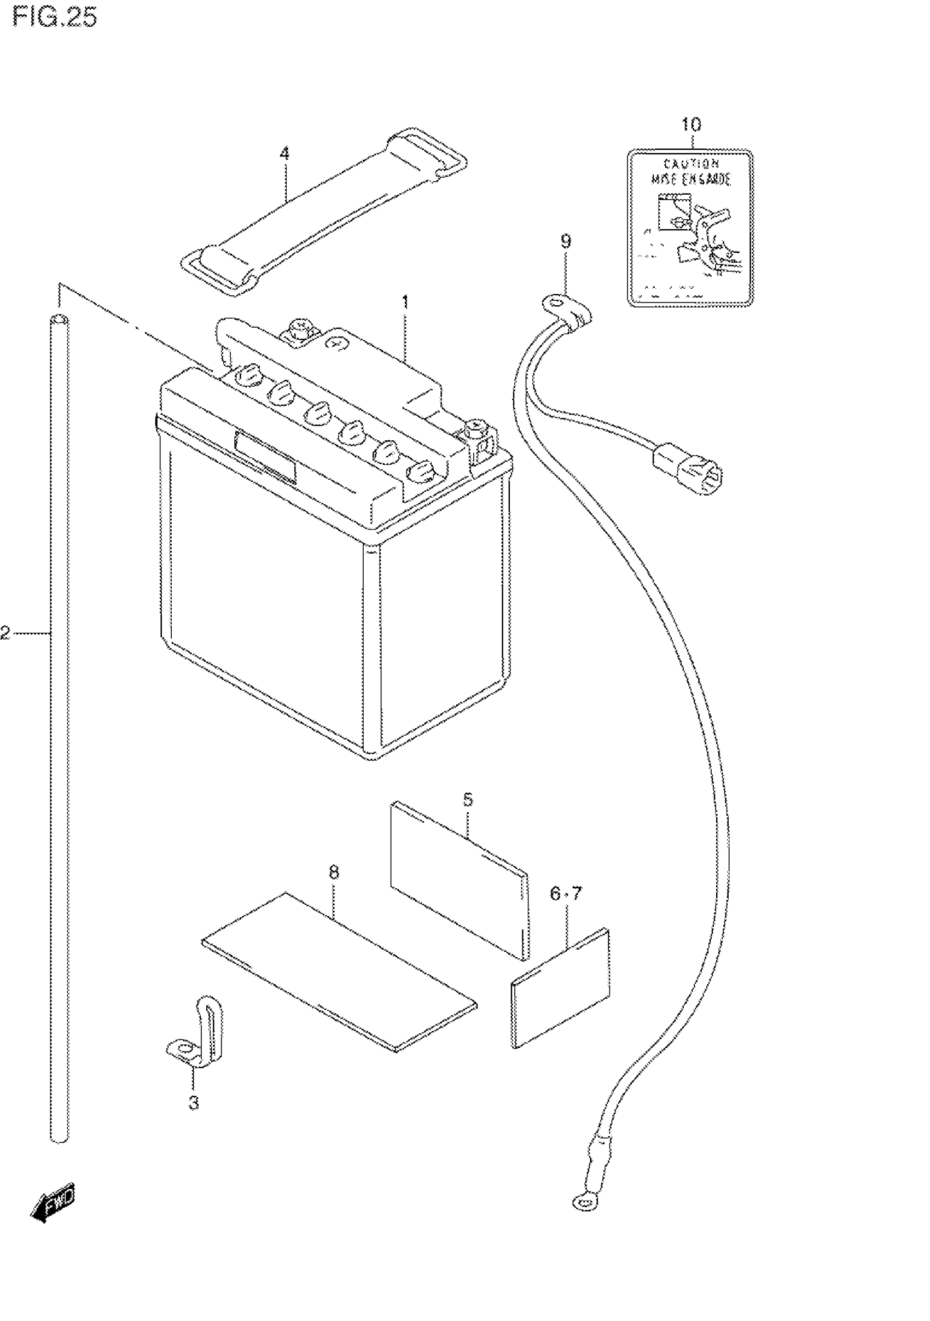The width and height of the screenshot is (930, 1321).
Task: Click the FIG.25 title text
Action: click(55, 18)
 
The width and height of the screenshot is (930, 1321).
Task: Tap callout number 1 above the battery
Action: click(405, 301)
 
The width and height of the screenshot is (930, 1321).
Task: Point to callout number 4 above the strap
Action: click(284, 154)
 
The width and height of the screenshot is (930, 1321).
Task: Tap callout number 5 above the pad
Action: click(468, 799)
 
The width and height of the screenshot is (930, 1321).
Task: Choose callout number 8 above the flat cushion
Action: click(334, 872)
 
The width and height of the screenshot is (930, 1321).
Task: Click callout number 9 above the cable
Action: click(566, 242)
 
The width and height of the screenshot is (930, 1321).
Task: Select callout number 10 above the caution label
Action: click(691, 124)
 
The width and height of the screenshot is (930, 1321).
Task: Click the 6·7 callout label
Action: click(566, 893)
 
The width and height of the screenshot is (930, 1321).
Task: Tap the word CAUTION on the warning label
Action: click(690, 165)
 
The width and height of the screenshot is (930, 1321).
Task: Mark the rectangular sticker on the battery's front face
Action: click(265, 457)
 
